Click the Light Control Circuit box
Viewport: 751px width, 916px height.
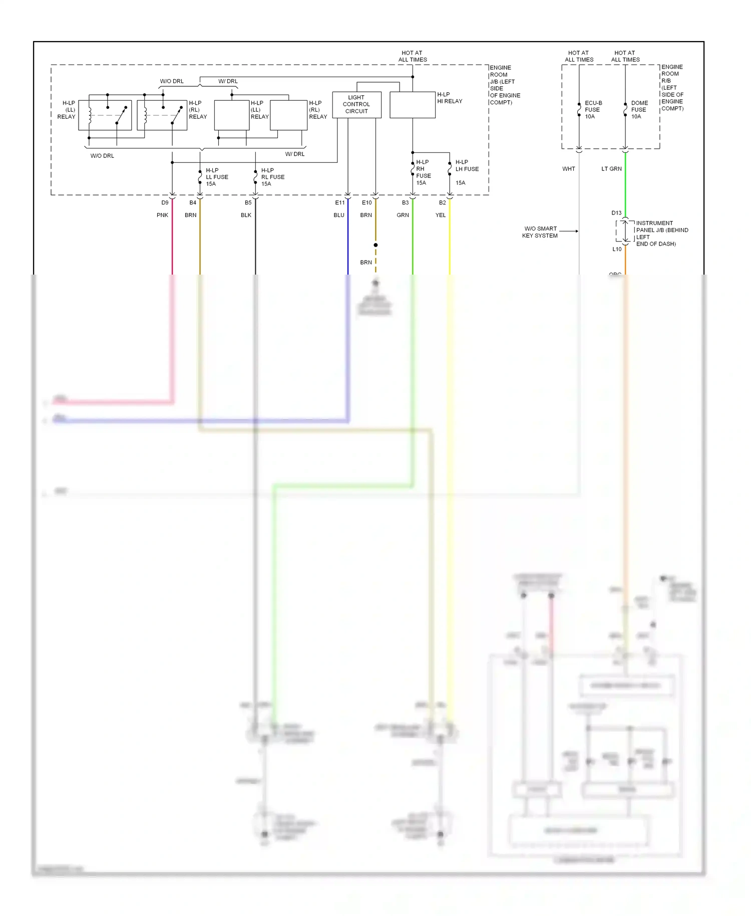pyautogui.click(x=356, y=105)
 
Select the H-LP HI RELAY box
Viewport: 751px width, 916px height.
pyautogui.click(x=413, y=105)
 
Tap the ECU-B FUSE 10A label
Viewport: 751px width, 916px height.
pyautogui.click(x=593, y=110)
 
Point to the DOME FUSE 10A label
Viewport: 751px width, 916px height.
pyautogui.click(x=639, y=110)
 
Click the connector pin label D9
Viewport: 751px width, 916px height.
pyautogui.click(x=165, y=203)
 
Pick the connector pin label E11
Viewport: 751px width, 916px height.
pyautogui.click(x=340, y=203)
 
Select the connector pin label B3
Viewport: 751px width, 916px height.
pyautogui.click(x=405, y=203)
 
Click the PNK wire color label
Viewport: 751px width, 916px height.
pyautogui.click(x=162, y=215)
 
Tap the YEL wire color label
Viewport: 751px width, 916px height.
pyautogui.click(x=440, y=215)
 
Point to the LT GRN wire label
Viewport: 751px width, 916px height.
pyautogui.click(x=611, y=169)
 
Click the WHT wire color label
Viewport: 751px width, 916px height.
pyautogui.click(x=568, y=169)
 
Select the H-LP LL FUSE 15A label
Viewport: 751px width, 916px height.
pyautogui.click(x=217, y=177)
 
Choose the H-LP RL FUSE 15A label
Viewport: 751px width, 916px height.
pyautogui.click(x=272, y=177)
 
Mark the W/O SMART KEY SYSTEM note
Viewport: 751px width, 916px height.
pyautogui.click(x=540, y=232)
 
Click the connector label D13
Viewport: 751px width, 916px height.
pyautogui.click(x=616, y=213)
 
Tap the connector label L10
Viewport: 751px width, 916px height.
pyautogui.click(x=617, y=249)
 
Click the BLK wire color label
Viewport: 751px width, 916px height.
pyautogui.click(x=246, y=215)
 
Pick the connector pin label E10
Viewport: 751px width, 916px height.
pyautogui.click(x=367, y=203)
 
